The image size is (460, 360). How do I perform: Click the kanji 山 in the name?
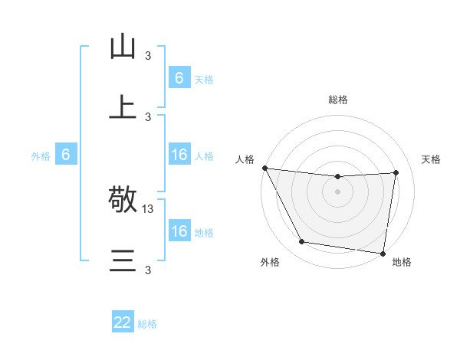123,47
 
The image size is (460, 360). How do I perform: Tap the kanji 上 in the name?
123,108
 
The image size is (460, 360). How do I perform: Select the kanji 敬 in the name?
123,201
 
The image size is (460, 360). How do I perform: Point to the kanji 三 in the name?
123,261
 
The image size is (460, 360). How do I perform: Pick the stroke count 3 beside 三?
148,270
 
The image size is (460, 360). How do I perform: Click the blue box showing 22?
123,322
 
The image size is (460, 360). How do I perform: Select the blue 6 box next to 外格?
66,155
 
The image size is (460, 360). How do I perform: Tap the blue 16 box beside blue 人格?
179,155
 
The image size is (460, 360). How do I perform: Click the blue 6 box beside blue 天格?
179,78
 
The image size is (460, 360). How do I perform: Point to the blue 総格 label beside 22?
147,324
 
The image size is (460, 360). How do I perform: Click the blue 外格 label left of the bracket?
41,156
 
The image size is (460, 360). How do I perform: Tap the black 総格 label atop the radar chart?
338,100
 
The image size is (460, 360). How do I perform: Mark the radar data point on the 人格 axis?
264,168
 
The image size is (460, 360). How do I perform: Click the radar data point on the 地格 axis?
383,253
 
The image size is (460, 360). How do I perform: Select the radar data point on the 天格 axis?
396,172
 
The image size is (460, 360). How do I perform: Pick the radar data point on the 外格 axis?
302,242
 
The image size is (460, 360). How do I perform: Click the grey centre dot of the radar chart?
338,191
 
